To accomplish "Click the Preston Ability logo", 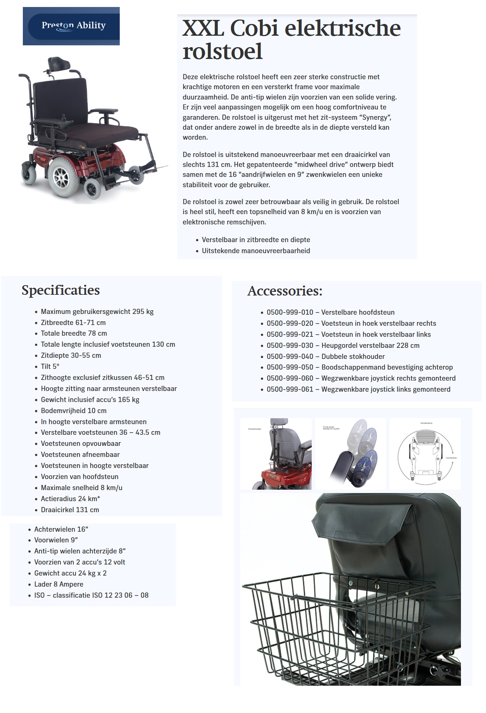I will point(71,26).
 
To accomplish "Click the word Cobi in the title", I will point(254,28).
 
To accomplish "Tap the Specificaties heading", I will point(60,290).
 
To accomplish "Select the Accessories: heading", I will point(285,291).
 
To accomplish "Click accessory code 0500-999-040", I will point(290,356).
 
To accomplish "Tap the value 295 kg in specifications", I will point(143,312).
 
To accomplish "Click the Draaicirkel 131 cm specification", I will point(70,510).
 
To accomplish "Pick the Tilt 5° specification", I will point(50,367).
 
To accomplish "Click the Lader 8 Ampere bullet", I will point(59,584).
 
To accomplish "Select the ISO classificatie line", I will point(91,595).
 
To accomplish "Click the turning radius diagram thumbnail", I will point(425,454).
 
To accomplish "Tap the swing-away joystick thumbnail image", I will point(350,454).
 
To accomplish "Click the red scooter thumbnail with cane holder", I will point(276,454).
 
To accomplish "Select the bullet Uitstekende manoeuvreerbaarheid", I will point(256,251).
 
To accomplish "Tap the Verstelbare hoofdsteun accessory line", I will point(330,312).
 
